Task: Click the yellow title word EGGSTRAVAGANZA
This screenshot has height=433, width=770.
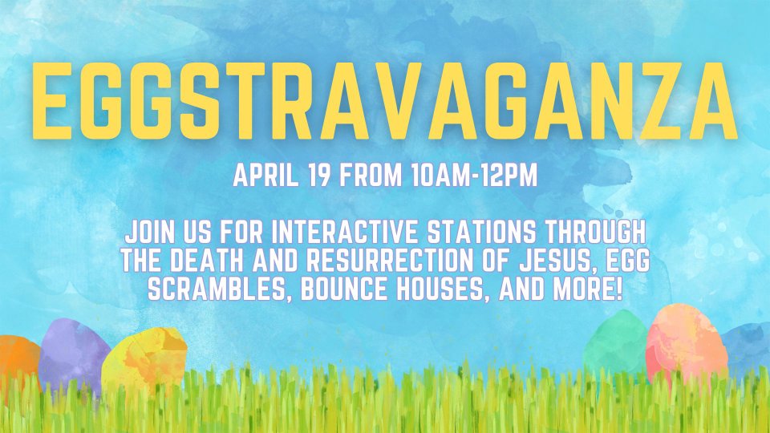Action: click(x=385, y=102)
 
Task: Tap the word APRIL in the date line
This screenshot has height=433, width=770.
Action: click(x=265, y=175)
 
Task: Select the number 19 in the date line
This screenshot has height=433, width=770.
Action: click(x=319, y=175)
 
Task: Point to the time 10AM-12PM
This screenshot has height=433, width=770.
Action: click(x=475, y=175)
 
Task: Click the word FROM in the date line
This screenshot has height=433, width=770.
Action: click(x=371, y=175)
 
